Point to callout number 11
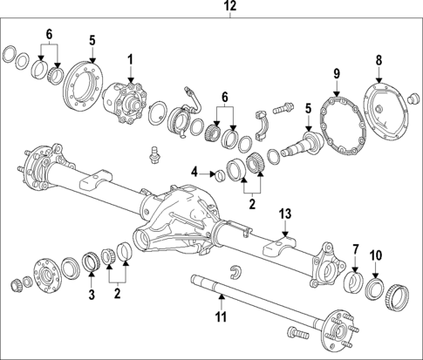coord(221,317)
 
